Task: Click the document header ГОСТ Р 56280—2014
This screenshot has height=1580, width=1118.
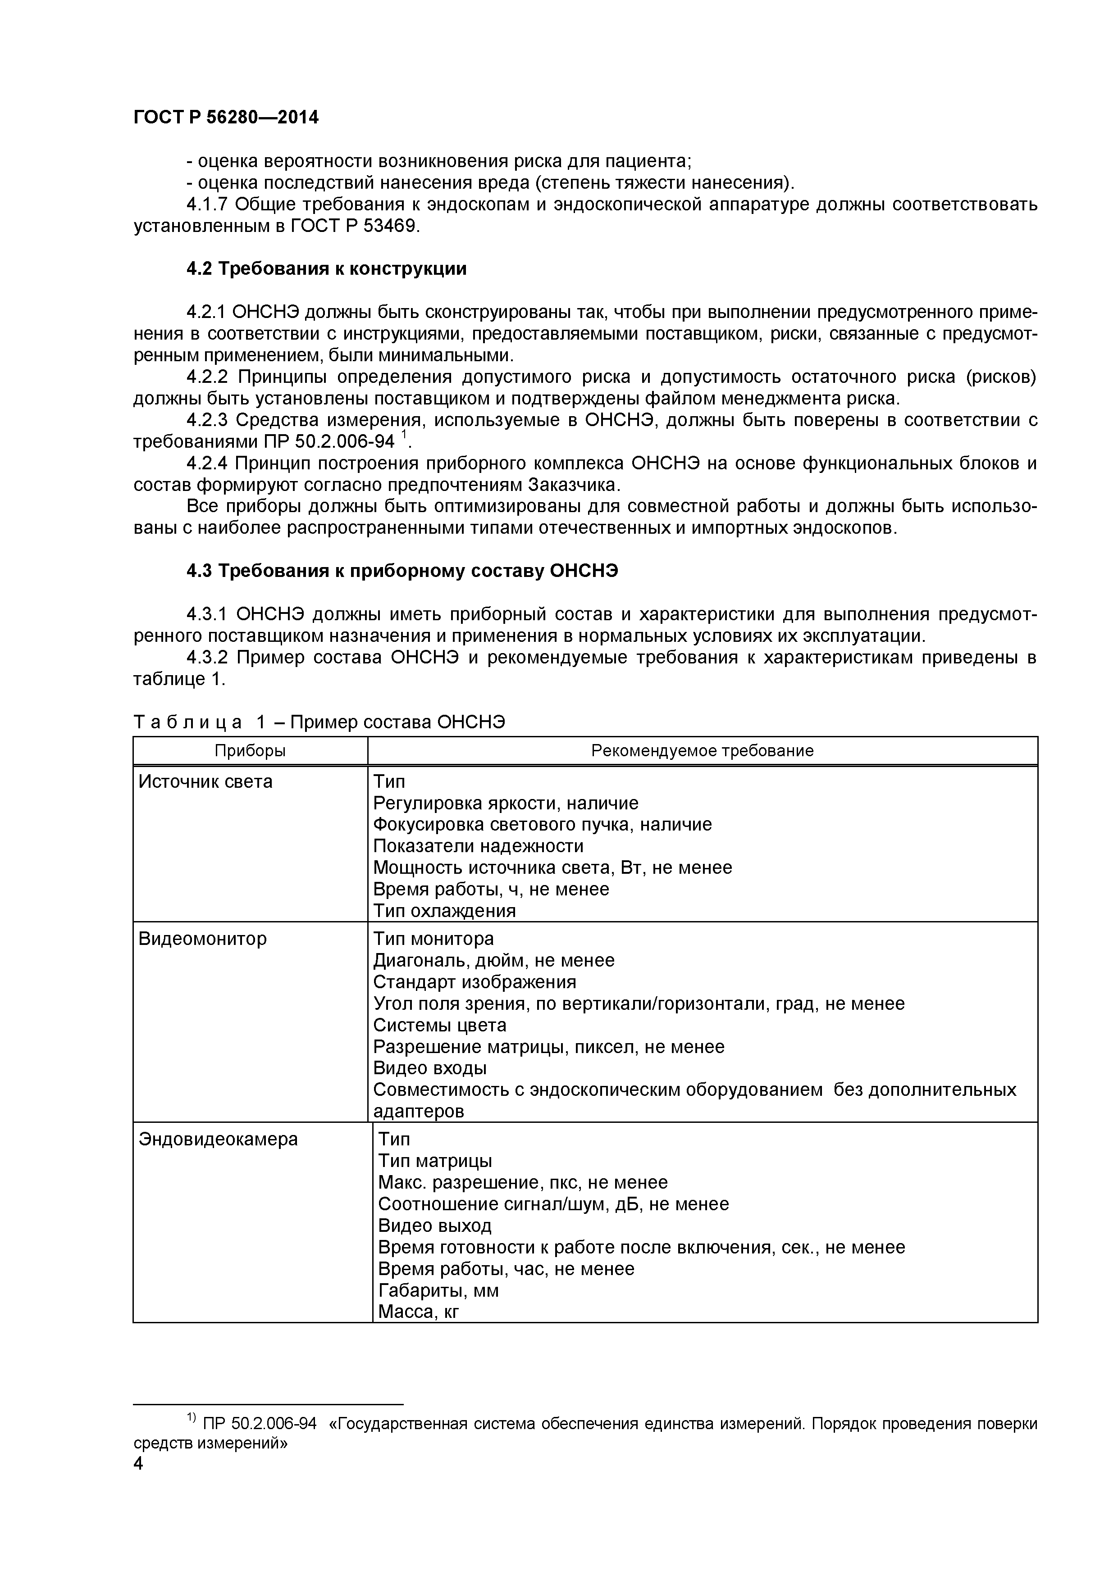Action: pyautogui.click(x=226, y=118)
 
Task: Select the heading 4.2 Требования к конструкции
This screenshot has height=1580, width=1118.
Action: pyautogui.click(x=326, y=269)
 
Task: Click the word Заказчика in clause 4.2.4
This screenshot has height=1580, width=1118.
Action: pyautogui.click(x=574, y=485)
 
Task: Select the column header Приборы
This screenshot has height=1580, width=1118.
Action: pyautogui.click(x=250, y=751)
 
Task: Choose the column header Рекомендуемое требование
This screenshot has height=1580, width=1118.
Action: pyautogui.click(x=702, y=751)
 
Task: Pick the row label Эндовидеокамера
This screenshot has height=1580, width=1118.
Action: pyautogui.click(x=218, y=1140)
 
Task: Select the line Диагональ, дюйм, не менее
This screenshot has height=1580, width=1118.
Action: pyautogui.click(x=493, y=961)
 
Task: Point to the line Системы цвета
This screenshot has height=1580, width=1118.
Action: pyautogui.click(x=439, y=1026)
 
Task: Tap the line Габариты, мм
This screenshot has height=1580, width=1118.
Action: pyautogui.click(x=438, y=1290)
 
